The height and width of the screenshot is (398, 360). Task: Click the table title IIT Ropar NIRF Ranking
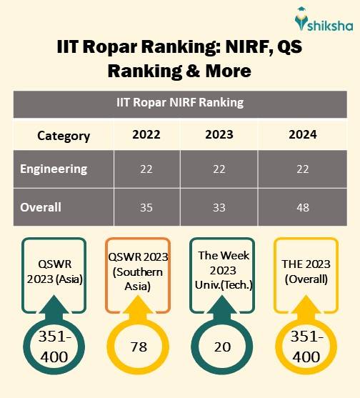180,102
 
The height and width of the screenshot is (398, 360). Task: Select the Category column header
64,135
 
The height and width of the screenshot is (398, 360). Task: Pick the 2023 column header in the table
219,135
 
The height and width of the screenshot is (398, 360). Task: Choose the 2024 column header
303,135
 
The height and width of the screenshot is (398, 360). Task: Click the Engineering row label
54,169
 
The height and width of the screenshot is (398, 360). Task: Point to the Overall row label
41,208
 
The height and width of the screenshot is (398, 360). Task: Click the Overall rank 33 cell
219,208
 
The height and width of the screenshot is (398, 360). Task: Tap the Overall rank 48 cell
303,208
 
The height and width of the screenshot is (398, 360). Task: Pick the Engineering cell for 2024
303,169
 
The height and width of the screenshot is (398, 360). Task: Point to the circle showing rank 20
221,347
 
